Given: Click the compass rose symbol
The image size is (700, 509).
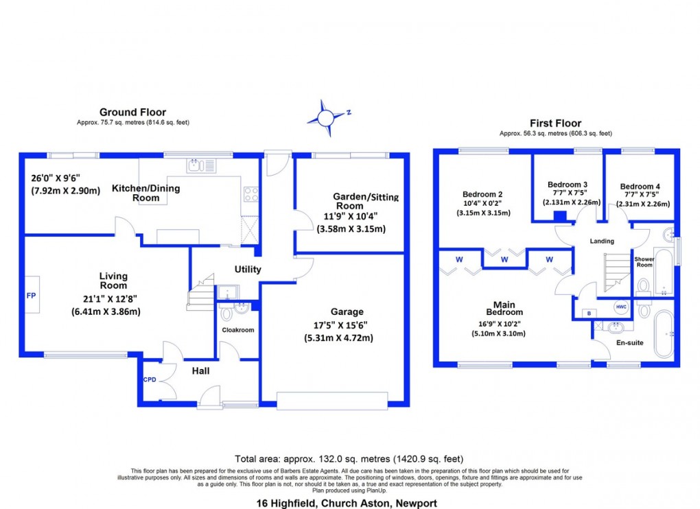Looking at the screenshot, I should click(x=327, y=117).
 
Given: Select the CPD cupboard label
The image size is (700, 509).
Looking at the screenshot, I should click(x=149, y=379).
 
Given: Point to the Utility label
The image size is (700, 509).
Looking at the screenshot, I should click(x=247, y=270).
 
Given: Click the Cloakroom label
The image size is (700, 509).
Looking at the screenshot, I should click(x=237, y=330).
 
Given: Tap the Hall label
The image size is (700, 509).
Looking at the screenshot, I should click(x=200, y=371).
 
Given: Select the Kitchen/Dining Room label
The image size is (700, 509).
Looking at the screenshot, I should click(x=136, y=193).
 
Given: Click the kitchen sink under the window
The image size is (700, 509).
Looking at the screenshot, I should click(x=200, y=165).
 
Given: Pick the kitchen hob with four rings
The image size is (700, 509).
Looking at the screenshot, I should click(x=251, y=194).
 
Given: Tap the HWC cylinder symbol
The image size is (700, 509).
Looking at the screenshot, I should click(x=620, y=307).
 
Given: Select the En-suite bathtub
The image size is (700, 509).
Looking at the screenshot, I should click(x=664, y=334).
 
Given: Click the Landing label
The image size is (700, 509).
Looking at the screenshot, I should click(x=602, y=241).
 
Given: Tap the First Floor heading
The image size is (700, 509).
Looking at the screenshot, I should click(x=555, y=123).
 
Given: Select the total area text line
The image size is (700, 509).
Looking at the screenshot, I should click(x=349, y=458).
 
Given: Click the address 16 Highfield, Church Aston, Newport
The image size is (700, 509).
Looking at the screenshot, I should click(x=349, y=504).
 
